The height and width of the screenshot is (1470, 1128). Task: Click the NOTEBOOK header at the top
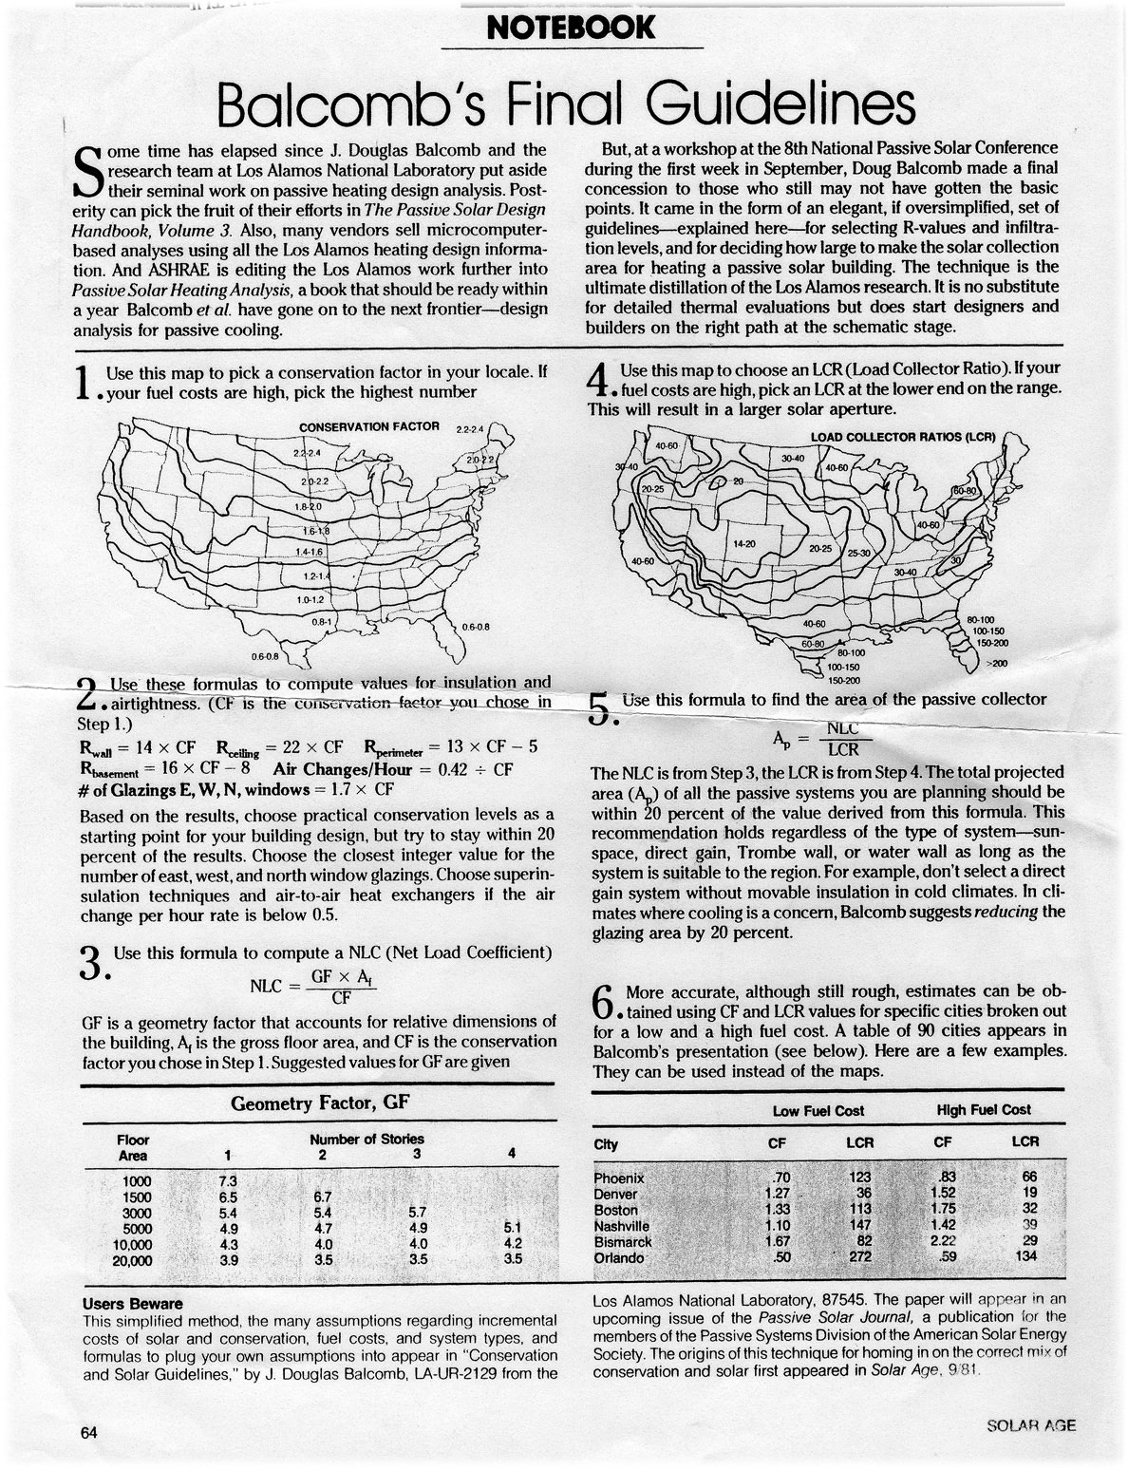[569, 28]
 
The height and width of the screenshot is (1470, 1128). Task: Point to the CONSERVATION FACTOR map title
[369, 426]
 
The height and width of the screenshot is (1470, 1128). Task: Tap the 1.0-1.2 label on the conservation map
[310, 600]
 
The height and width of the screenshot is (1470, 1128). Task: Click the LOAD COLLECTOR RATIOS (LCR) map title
[902, 438]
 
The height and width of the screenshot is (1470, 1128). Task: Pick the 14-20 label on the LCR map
[743, 544]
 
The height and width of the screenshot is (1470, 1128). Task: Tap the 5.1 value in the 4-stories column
[513, 1227]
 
